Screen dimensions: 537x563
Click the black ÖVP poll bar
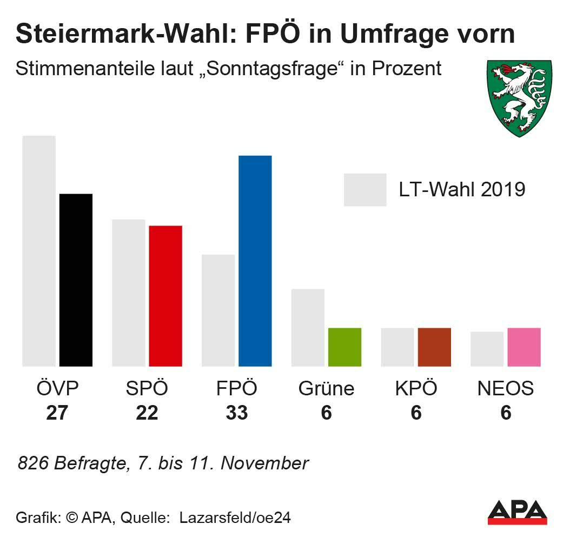click(x=76, y=280)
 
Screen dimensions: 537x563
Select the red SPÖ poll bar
click(x=165, y=296)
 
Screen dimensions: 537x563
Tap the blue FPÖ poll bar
click(x=255, y=261)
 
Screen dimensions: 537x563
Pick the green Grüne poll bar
click(x=345, y=347)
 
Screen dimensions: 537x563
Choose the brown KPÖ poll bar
click(x=434, y=347)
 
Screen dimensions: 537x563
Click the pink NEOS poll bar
click(x=524, y=347)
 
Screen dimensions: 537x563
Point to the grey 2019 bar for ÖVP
click(x=39, y=251)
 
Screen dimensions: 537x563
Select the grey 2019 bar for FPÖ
click(x=218, y=310)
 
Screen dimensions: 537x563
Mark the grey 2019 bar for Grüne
click(x=308, y=328)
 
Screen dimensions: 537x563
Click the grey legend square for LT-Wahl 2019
click(x=365, y=190)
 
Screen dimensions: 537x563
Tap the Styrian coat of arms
click(x=520, y=97)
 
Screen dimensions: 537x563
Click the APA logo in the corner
click(x=517, y=512)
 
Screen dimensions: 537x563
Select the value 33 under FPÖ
click(x=236, y=413)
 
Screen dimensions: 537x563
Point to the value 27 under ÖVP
click(x=57, y=413)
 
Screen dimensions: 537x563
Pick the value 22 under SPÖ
click(x=147, y=413)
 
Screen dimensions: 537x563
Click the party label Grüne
click(x=326, y=388)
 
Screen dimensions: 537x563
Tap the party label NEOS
click(x=506, y=388)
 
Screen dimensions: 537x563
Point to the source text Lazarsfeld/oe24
click(x=235, y=518)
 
